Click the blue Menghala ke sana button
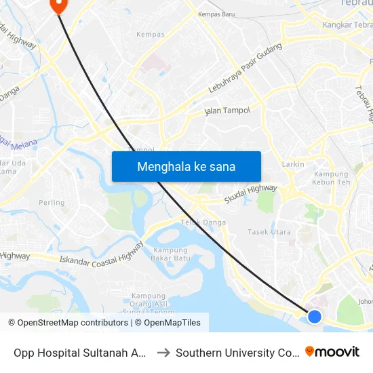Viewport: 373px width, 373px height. click(186, 166)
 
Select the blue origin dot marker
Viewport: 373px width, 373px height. click(315, 316)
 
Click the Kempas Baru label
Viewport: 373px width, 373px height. click(216, 14)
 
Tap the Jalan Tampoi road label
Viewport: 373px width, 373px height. click(227, 111)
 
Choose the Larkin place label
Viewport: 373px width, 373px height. click(293, 164)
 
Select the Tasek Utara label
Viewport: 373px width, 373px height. click(269, 232)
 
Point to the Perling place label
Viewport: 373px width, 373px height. click(52, 202)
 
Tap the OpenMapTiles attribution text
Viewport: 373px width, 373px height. click(168, 323)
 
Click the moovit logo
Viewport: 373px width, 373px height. click(332, 351)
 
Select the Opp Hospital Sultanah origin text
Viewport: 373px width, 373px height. click(80, 353)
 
